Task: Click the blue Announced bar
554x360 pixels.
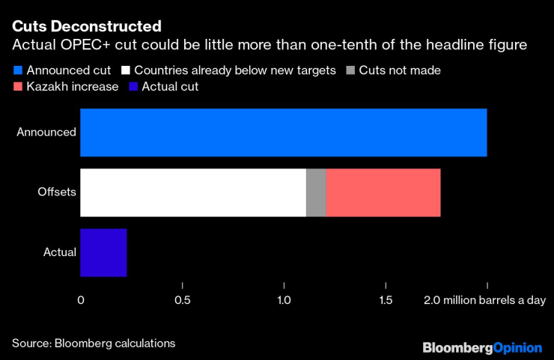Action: tap(283, 132)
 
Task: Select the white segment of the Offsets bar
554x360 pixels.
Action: tap(192, 192)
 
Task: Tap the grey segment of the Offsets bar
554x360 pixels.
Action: tap(316, 192)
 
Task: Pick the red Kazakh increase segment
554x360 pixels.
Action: tap(383, 192)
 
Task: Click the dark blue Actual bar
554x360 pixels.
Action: tap(103, 252)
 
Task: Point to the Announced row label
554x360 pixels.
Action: tap(46, 132)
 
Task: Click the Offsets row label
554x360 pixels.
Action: tap(57, 192)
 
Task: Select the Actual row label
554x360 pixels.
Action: tap(60, 252)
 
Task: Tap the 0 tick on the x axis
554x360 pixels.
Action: tap(81, 301)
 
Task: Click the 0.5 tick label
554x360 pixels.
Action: tap(183, 301)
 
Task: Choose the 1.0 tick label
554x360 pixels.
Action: tap(284, 301)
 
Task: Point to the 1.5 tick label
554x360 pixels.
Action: tap(386, 301)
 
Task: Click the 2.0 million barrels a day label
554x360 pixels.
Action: tap(484, 301)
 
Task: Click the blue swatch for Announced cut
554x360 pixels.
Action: tap(17, 71)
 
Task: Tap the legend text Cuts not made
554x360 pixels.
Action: tap(400, 71)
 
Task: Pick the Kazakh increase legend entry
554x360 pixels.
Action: tap(72, 87)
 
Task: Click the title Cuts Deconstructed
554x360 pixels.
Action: tap(86, 27)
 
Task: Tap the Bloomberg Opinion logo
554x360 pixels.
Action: tap(482, 347)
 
